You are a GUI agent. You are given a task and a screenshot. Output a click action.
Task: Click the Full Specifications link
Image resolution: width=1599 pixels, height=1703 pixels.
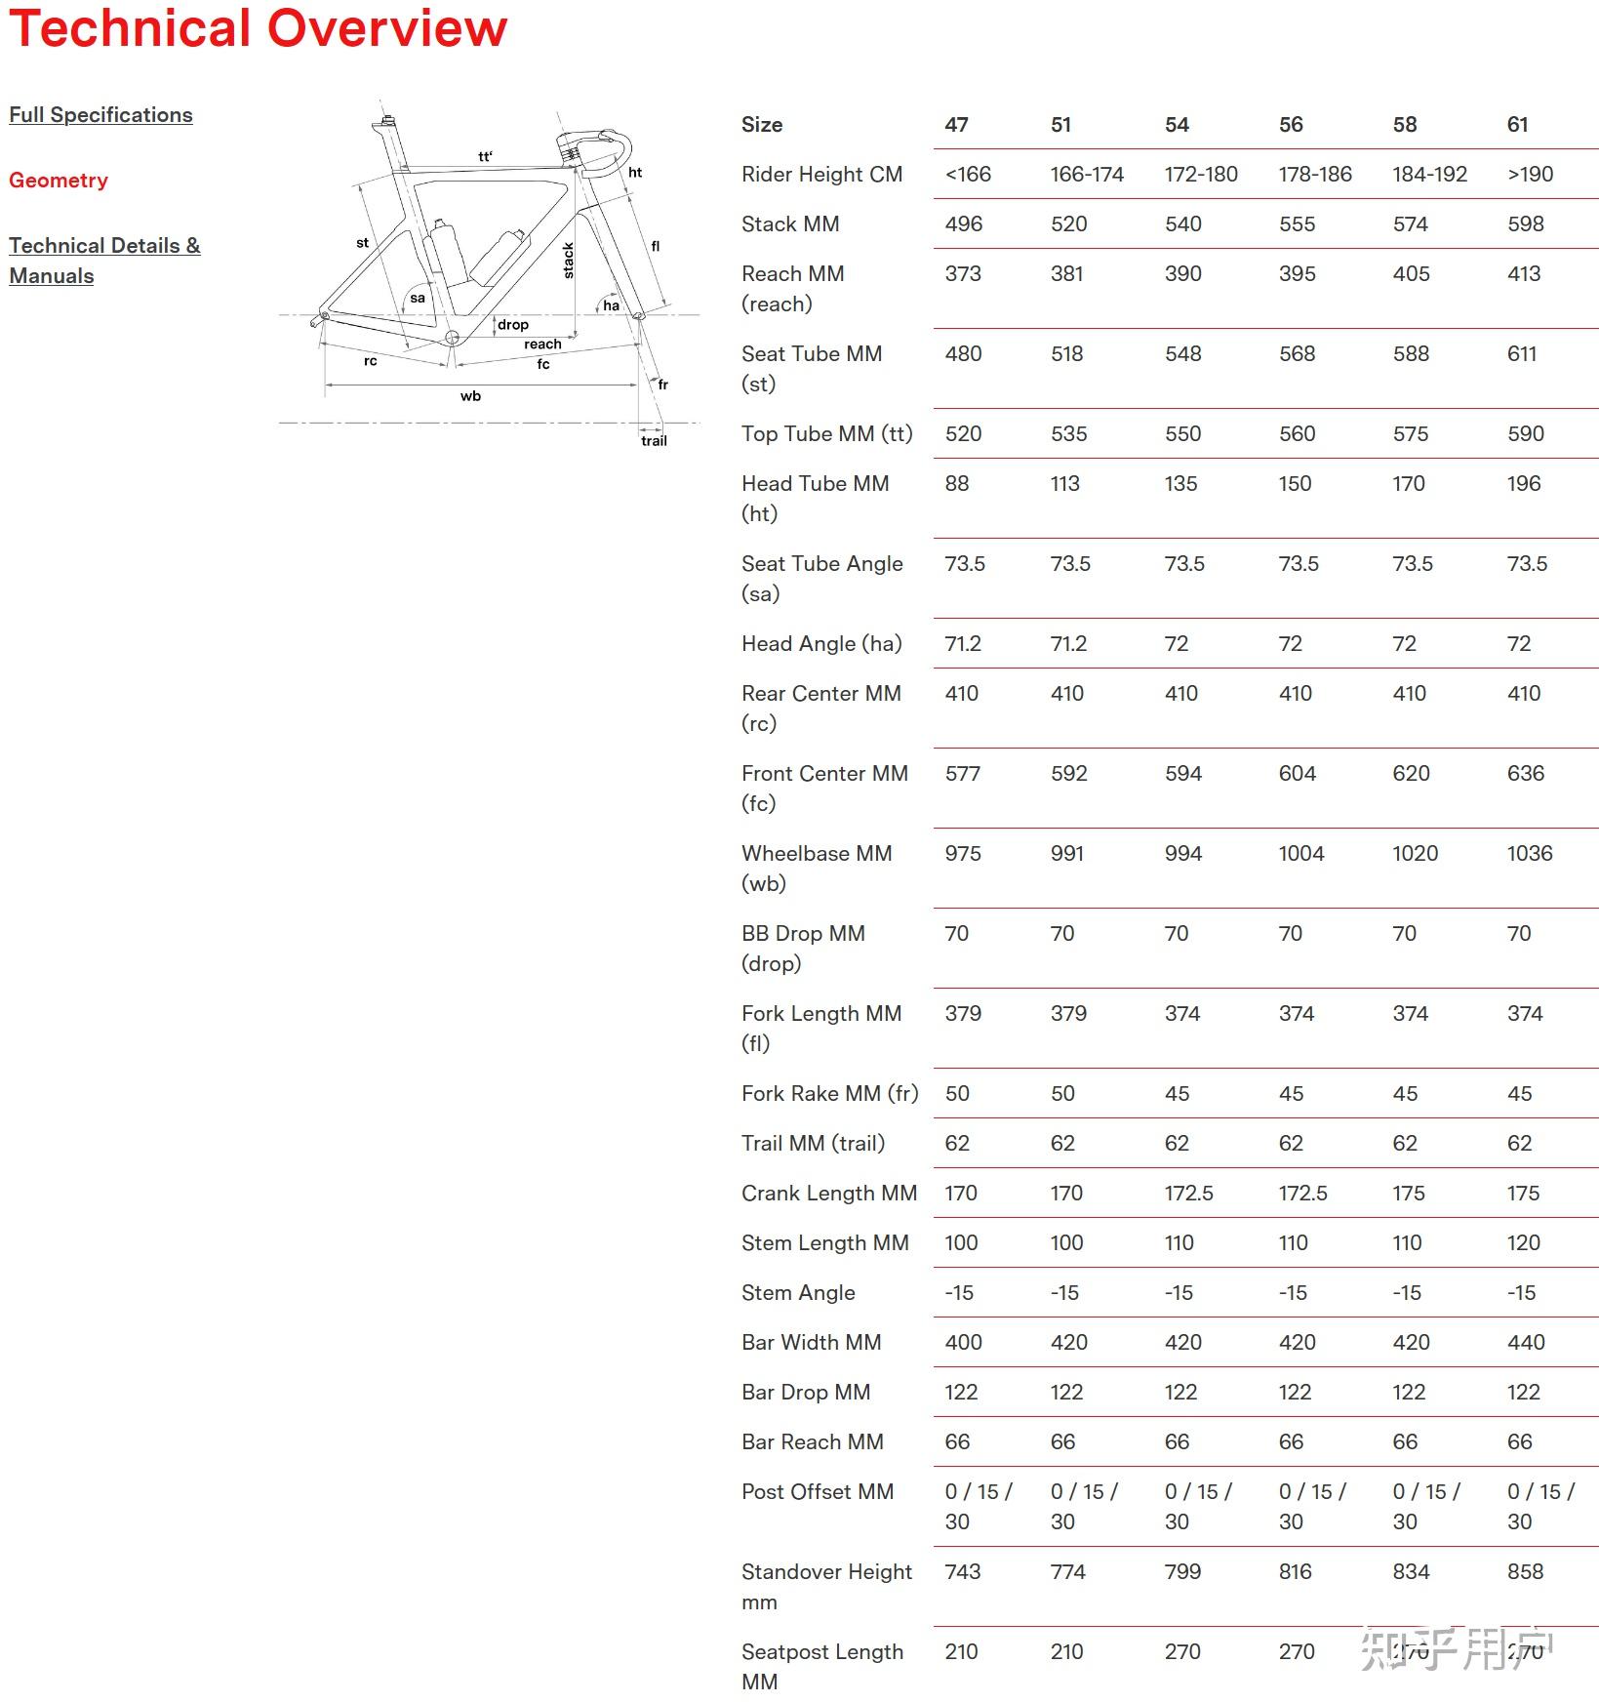(100, 115)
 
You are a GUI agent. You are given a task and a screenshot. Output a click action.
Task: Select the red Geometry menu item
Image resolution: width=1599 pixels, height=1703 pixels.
(59, 181)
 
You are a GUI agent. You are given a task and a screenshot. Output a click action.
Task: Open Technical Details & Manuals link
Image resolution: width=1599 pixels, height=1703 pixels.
(104, 261)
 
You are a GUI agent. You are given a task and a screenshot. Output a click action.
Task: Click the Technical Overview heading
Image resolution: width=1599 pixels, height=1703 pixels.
(258, 28)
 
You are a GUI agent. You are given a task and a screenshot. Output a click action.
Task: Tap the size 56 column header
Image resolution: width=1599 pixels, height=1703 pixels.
(1291, 125)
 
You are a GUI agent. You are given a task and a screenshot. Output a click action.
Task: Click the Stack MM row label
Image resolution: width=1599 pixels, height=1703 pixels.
(790, 224)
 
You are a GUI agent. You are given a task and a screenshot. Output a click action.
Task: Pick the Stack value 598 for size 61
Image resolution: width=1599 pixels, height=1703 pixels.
(1525, 224)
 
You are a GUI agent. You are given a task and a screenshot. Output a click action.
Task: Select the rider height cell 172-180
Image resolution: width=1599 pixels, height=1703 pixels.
(1200, 175)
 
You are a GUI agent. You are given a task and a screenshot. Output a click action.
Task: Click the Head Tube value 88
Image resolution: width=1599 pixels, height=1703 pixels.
(956, 484)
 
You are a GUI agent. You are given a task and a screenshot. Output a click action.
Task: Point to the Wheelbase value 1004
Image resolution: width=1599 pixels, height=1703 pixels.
(1300, 854)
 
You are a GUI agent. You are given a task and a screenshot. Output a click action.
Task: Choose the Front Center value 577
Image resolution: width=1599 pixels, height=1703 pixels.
(962, 774)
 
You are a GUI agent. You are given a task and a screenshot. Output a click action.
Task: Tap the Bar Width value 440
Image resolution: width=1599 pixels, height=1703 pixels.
(1525, 1343)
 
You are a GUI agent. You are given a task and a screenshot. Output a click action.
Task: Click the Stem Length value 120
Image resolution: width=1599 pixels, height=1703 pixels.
(1523, 1243)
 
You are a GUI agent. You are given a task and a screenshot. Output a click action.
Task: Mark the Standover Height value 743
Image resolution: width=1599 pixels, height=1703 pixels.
(962, 1572)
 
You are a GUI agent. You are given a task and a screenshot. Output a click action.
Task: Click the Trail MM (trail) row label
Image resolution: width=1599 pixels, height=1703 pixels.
(813, 1144)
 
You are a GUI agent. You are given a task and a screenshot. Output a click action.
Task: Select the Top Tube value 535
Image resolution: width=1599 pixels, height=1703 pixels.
(1068, 434)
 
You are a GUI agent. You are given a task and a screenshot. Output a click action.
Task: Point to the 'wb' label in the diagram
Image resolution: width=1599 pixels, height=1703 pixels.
(470, 396)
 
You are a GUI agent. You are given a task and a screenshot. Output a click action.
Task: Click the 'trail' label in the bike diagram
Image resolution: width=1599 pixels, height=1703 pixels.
(654, 441)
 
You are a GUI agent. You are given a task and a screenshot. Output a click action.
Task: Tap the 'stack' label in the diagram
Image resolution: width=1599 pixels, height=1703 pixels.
(569, 262)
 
